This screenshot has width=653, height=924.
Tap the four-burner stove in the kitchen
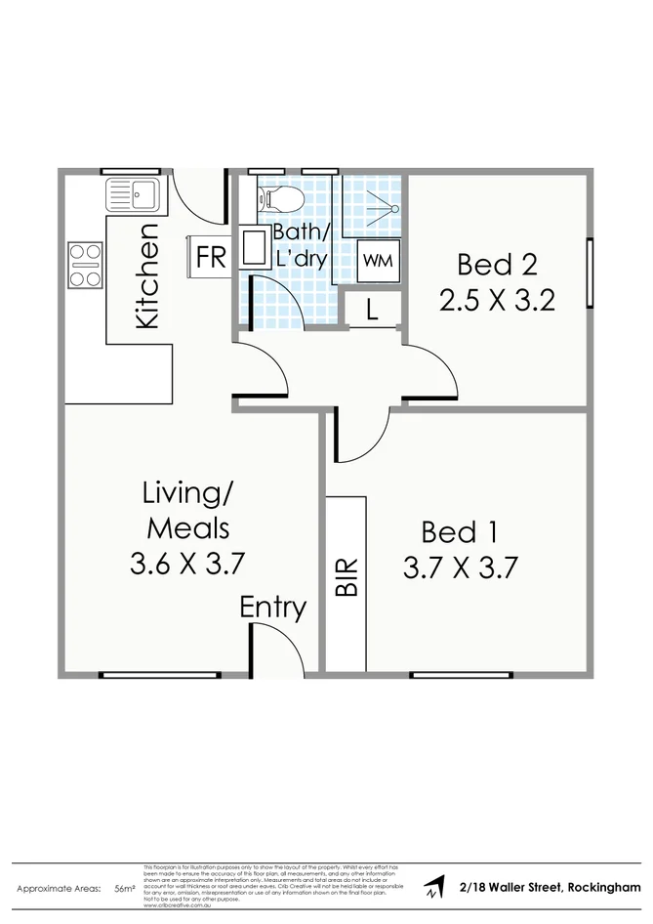pyautogui.click(x=86, y=265)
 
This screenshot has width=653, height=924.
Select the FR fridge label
pyautogui.click(x=211, y=258)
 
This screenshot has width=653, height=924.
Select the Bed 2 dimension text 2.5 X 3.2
pyautogui.click(x=497, y=299)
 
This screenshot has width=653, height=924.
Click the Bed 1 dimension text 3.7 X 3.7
pyautogui.click(x=459, y=567)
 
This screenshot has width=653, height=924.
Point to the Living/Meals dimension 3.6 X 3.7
pyautogui.click(x=185, y=563)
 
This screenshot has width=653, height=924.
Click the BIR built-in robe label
pyautogui.click(x=346, y=576)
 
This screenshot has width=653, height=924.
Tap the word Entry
pyautogui.click(x=273, y=608)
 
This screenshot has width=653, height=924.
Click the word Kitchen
pyautogui.click(x=146, y=275)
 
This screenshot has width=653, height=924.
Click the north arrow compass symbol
pyautogui.click(x=432, y=888)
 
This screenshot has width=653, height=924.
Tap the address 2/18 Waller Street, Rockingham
pyautogui.click(x=551, y=888)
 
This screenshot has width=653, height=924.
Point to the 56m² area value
pyautogui.click(x=124, y=890)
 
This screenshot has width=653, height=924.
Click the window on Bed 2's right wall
pyautogui.click(x=590, y=273)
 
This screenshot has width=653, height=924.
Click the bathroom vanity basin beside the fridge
pyautogui.click(x=255, y=250)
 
